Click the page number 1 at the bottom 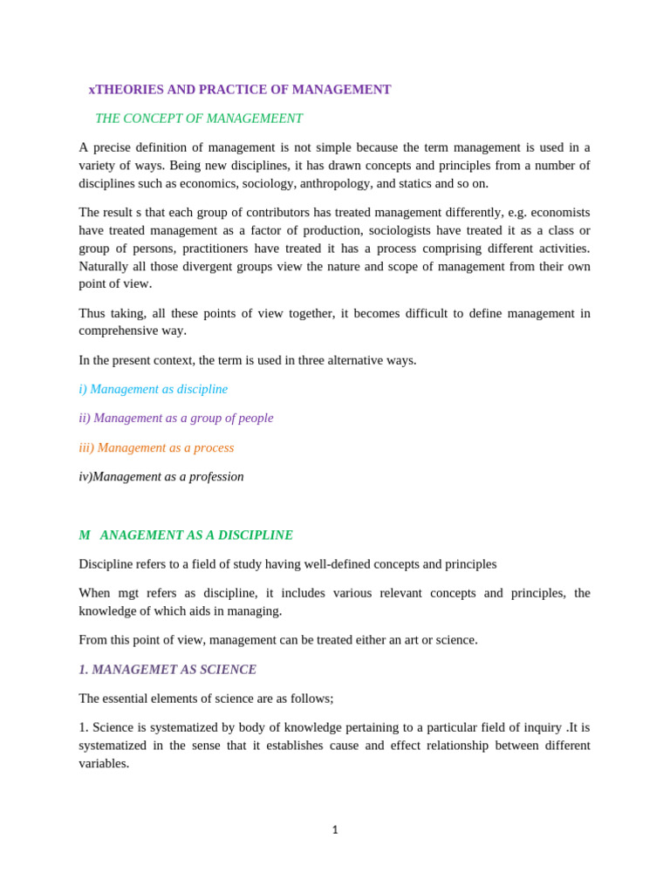335,830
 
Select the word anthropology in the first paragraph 335,183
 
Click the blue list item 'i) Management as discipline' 154,389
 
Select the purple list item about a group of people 176,418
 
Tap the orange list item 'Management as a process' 157,447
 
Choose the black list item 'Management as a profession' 161,476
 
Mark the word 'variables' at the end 103,763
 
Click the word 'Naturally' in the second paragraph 106,266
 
